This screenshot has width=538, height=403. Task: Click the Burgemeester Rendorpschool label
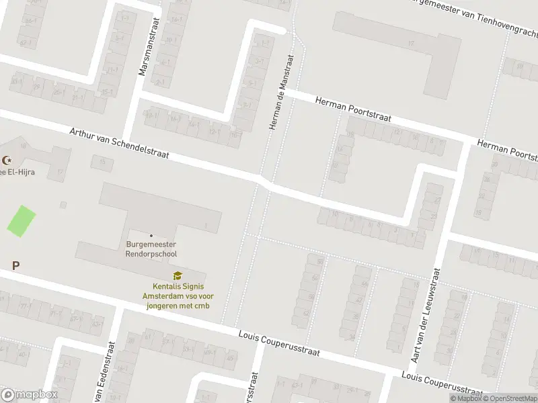151,250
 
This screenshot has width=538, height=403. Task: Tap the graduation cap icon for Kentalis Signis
178,275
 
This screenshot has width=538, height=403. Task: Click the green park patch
21,220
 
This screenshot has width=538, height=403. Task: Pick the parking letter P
15,266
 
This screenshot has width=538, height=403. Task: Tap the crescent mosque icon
8,161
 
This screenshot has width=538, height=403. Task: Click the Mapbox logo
30,395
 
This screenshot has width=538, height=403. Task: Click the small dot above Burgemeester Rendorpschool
151,235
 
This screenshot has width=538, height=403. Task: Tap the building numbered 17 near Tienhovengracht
410,43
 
